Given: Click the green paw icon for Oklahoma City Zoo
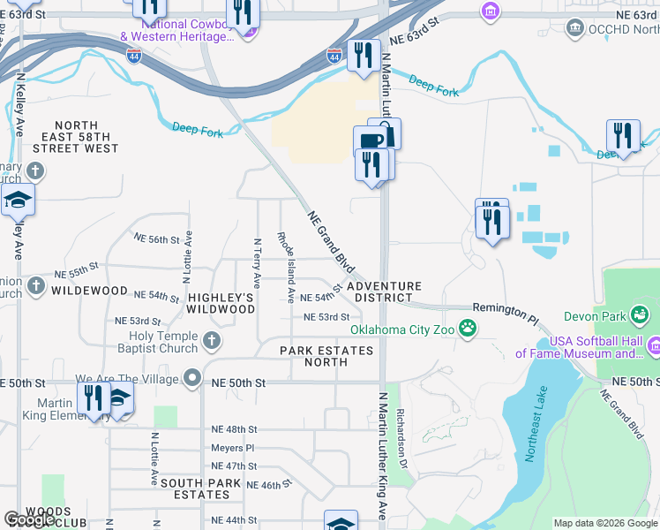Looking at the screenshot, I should [x=467, y=329].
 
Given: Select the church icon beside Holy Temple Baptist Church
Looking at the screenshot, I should [x=211, y=341].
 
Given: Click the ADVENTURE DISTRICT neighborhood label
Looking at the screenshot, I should [x=384, y=292].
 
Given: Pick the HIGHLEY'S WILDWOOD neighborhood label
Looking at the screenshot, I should [x=221, y=303].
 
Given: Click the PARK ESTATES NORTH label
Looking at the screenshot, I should [x=326, y=356].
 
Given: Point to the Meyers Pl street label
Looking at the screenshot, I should [x=234, y=448].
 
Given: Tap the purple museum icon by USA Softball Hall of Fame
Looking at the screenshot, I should [x=653, y=344].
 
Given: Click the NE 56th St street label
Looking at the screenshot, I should [x=156, y=238].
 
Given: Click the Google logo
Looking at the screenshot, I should [x=29, y=519].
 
